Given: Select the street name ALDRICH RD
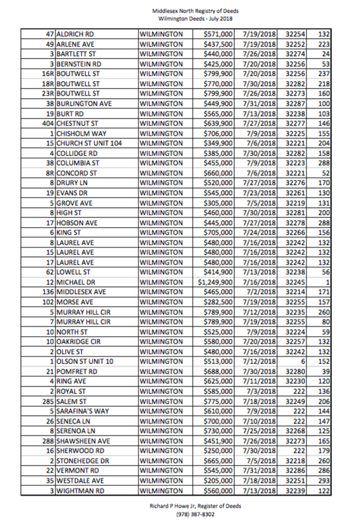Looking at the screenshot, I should click(76, 33).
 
